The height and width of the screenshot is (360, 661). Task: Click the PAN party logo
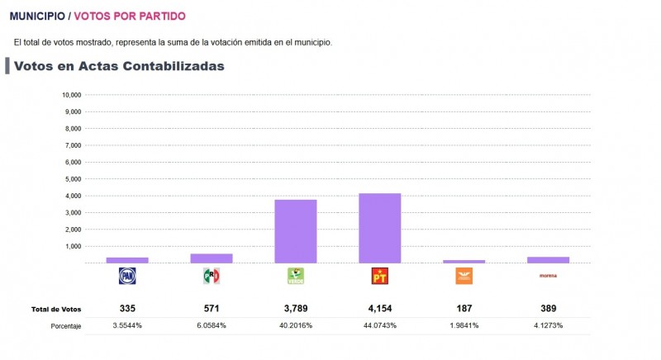coord(127,276)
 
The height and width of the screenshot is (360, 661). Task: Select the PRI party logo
coord(212,276)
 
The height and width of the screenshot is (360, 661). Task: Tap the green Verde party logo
coord(295,276)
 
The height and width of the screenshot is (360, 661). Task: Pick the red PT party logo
coord(379,276)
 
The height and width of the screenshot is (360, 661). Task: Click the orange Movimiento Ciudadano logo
coord(464,276)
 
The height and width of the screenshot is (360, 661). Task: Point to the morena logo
coord(548,276)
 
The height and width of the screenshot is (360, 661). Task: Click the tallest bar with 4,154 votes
coord(379,228)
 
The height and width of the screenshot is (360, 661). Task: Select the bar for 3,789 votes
coord(295,231)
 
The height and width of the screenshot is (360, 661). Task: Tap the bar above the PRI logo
coord(212,258)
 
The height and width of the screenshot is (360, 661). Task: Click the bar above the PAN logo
coord(127,260)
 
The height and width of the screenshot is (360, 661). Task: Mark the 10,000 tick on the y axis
coord(71,95)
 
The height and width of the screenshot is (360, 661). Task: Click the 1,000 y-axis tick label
coord(73,246)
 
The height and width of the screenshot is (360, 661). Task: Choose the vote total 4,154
coord(379,308)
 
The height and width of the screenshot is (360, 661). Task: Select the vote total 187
coord(464,308)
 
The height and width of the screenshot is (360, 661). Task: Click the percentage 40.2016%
coord(295,326)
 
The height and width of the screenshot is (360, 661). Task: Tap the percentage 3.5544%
coord(127,326)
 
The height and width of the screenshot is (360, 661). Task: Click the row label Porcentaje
coord(65,326)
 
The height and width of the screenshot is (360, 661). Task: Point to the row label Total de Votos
coord(56,309)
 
